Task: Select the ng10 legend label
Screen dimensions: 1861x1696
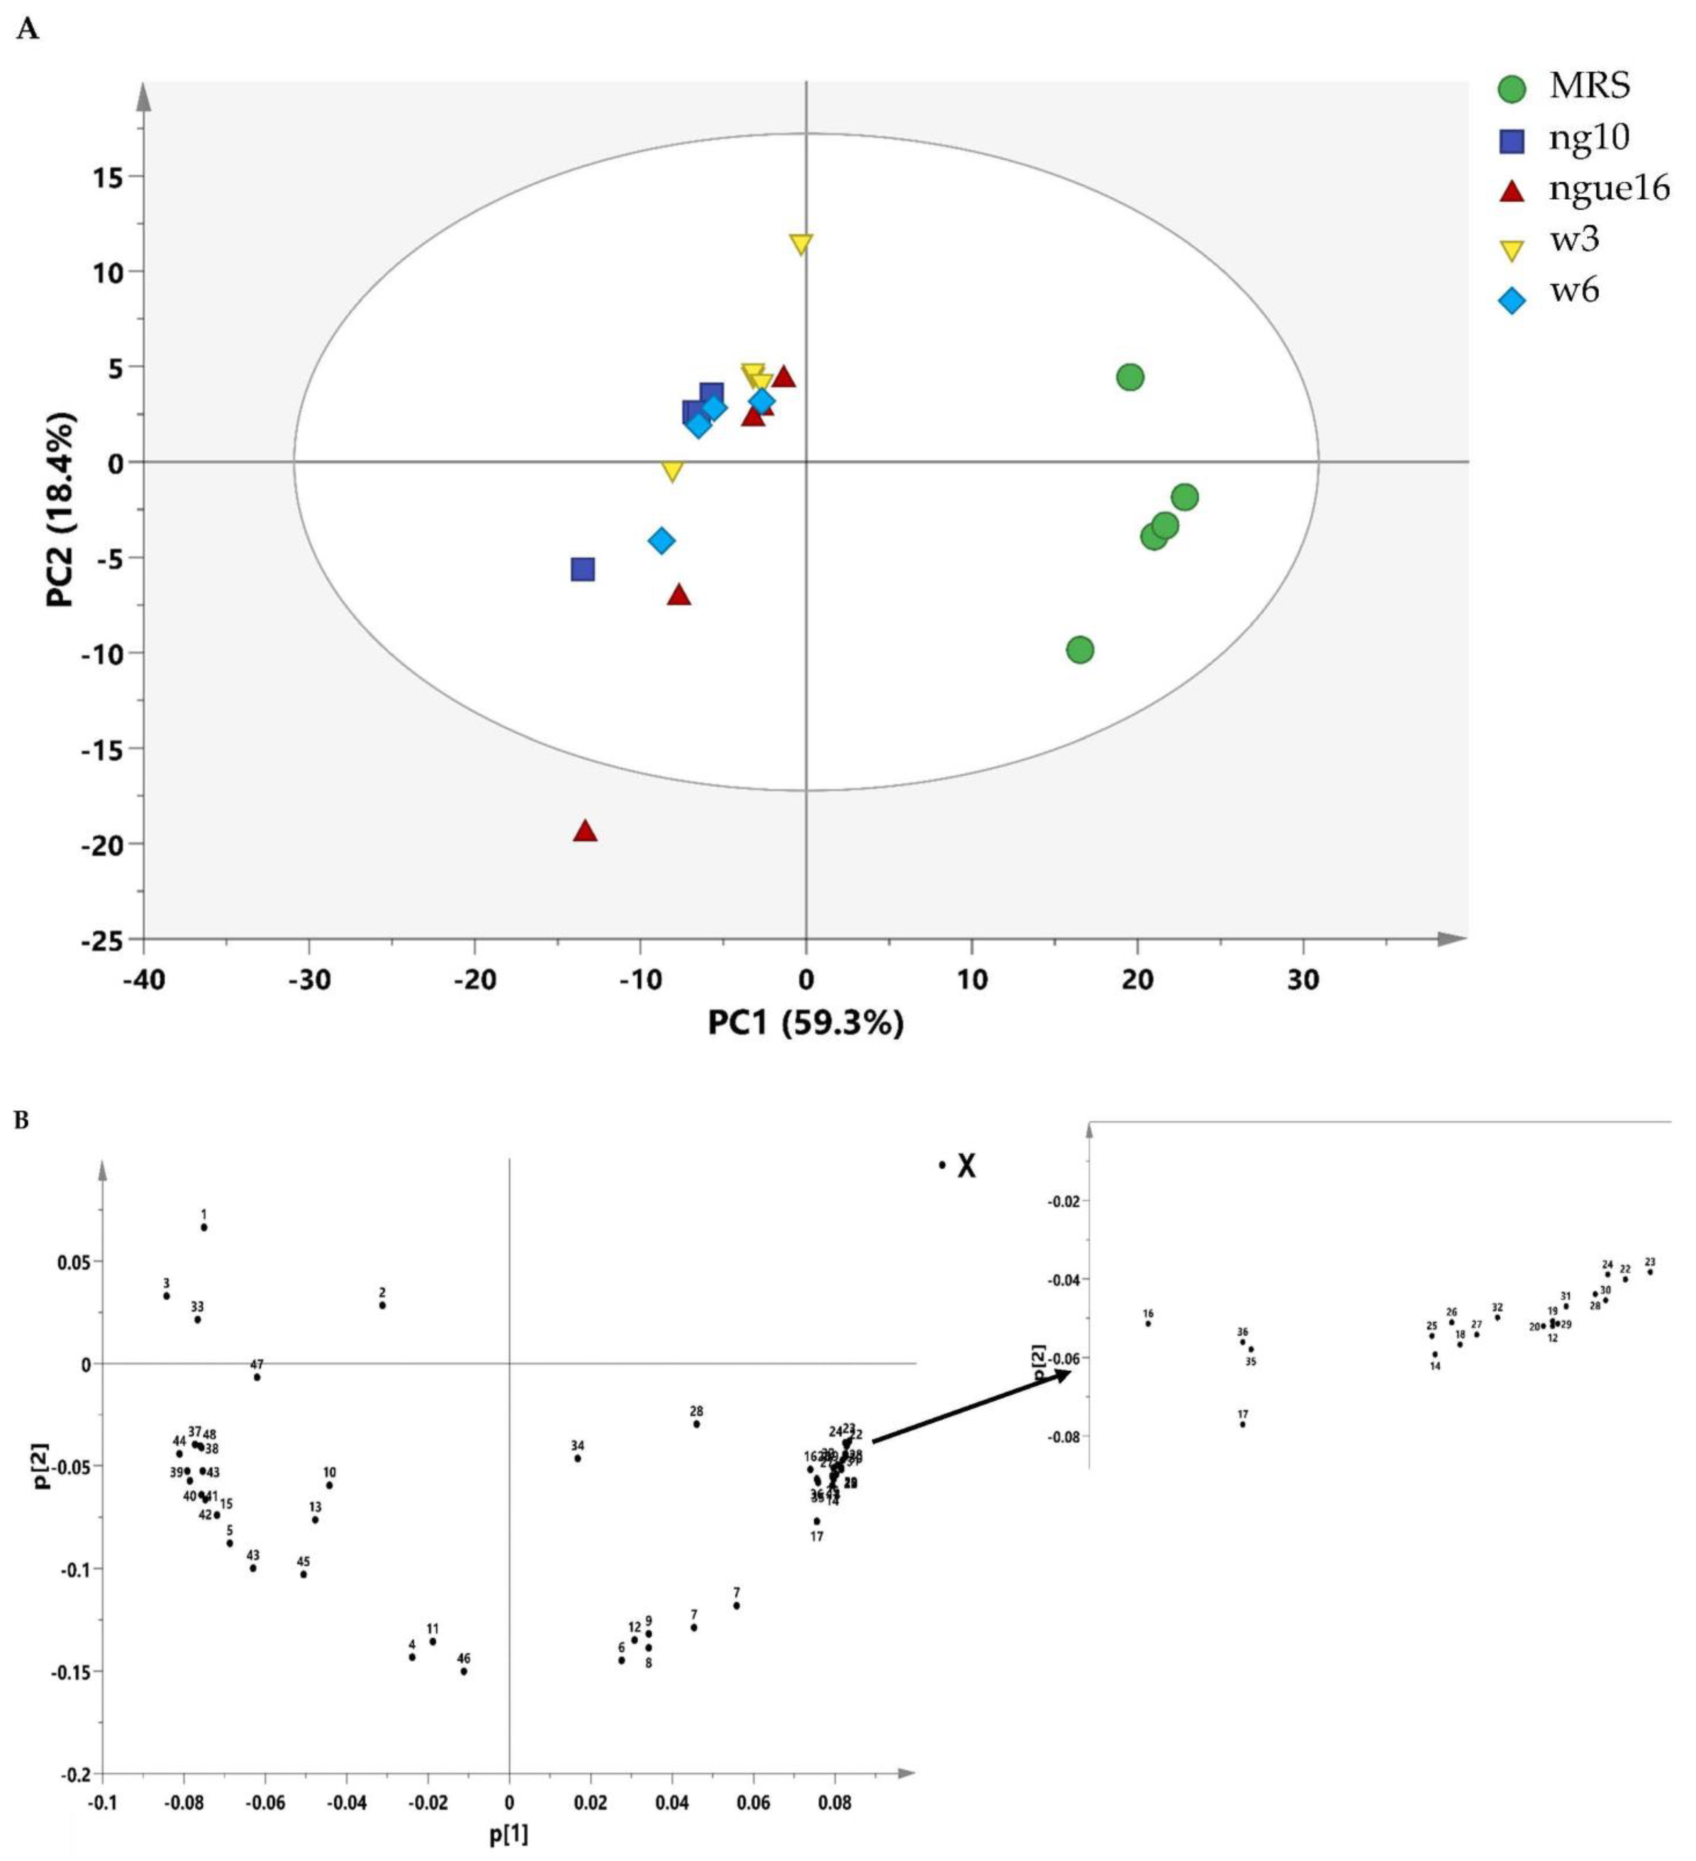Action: pos(1589,138)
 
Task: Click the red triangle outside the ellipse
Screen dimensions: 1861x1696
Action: pos(585,831)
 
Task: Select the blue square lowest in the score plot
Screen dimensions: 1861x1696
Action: pos(582,569)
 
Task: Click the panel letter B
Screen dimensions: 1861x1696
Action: pos(22,1121)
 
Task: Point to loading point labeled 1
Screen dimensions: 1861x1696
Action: pos(204,1227)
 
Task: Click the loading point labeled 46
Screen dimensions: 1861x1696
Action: pos(463,1671)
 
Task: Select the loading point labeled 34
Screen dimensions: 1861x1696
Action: pos(578,1458)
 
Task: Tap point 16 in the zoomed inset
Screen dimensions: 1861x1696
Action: pos(1148,1323)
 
